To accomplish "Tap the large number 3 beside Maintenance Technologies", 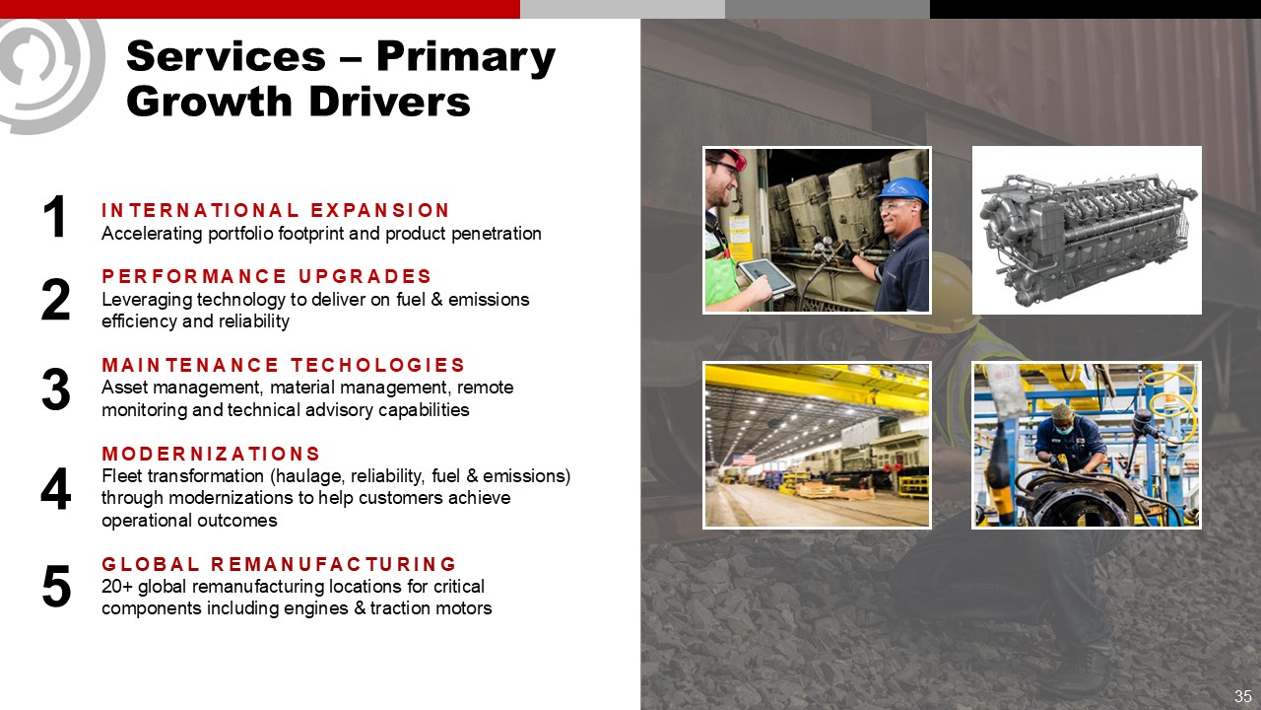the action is click(x=56, y=390).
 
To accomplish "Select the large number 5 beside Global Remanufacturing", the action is click(x=56, y=587).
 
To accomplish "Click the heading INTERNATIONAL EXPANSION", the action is click(x=275, y=210).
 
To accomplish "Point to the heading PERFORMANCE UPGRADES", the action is click(x=266, y=276).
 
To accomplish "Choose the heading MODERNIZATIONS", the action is click(x=211, y=454).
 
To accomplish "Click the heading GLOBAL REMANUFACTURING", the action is click(x=279, y=564).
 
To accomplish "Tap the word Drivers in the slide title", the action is click(x=389, y=102).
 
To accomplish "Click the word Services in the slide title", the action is click(x=227, y=56).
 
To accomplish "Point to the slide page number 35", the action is click(x=1243, y=696).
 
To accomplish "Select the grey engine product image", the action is click(x=1087, y=231).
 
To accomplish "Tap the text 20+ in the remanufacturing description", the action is click(x=117, y=587).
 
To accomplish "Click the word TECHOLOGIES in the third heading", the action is click(x=378, y=365).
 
